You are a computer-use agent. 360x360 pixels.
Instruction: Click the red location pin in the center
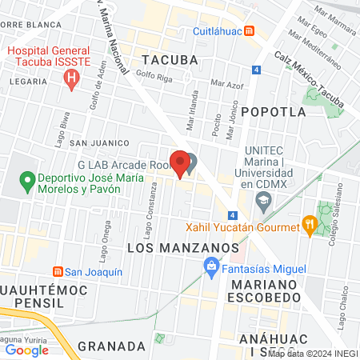(x=181, y=162)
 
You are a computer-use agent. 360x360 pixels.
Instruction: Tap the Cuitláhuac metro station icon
(x=250, y=31)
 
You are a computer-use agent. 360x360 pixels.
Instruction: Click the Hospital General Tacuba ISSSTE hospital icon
(x=71, y=78)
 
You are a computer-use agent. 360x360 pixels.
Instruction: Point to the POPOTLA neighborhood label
(x=270, y=111)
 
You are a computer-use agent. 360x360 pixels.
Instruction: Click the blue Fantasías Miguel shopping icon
(x=211, y=266)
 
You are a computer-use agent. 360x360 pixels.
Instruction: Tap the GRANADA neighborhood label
(x=112, y=346)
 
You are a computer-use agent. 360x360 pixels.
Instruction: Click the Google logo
(x=27, y=350)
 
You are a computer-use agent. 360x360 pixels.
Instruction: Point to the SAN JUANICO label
(x=100, y=142)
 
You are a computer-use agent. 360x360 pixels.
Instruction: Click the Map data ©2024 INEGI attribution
(x=313, y=354)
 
